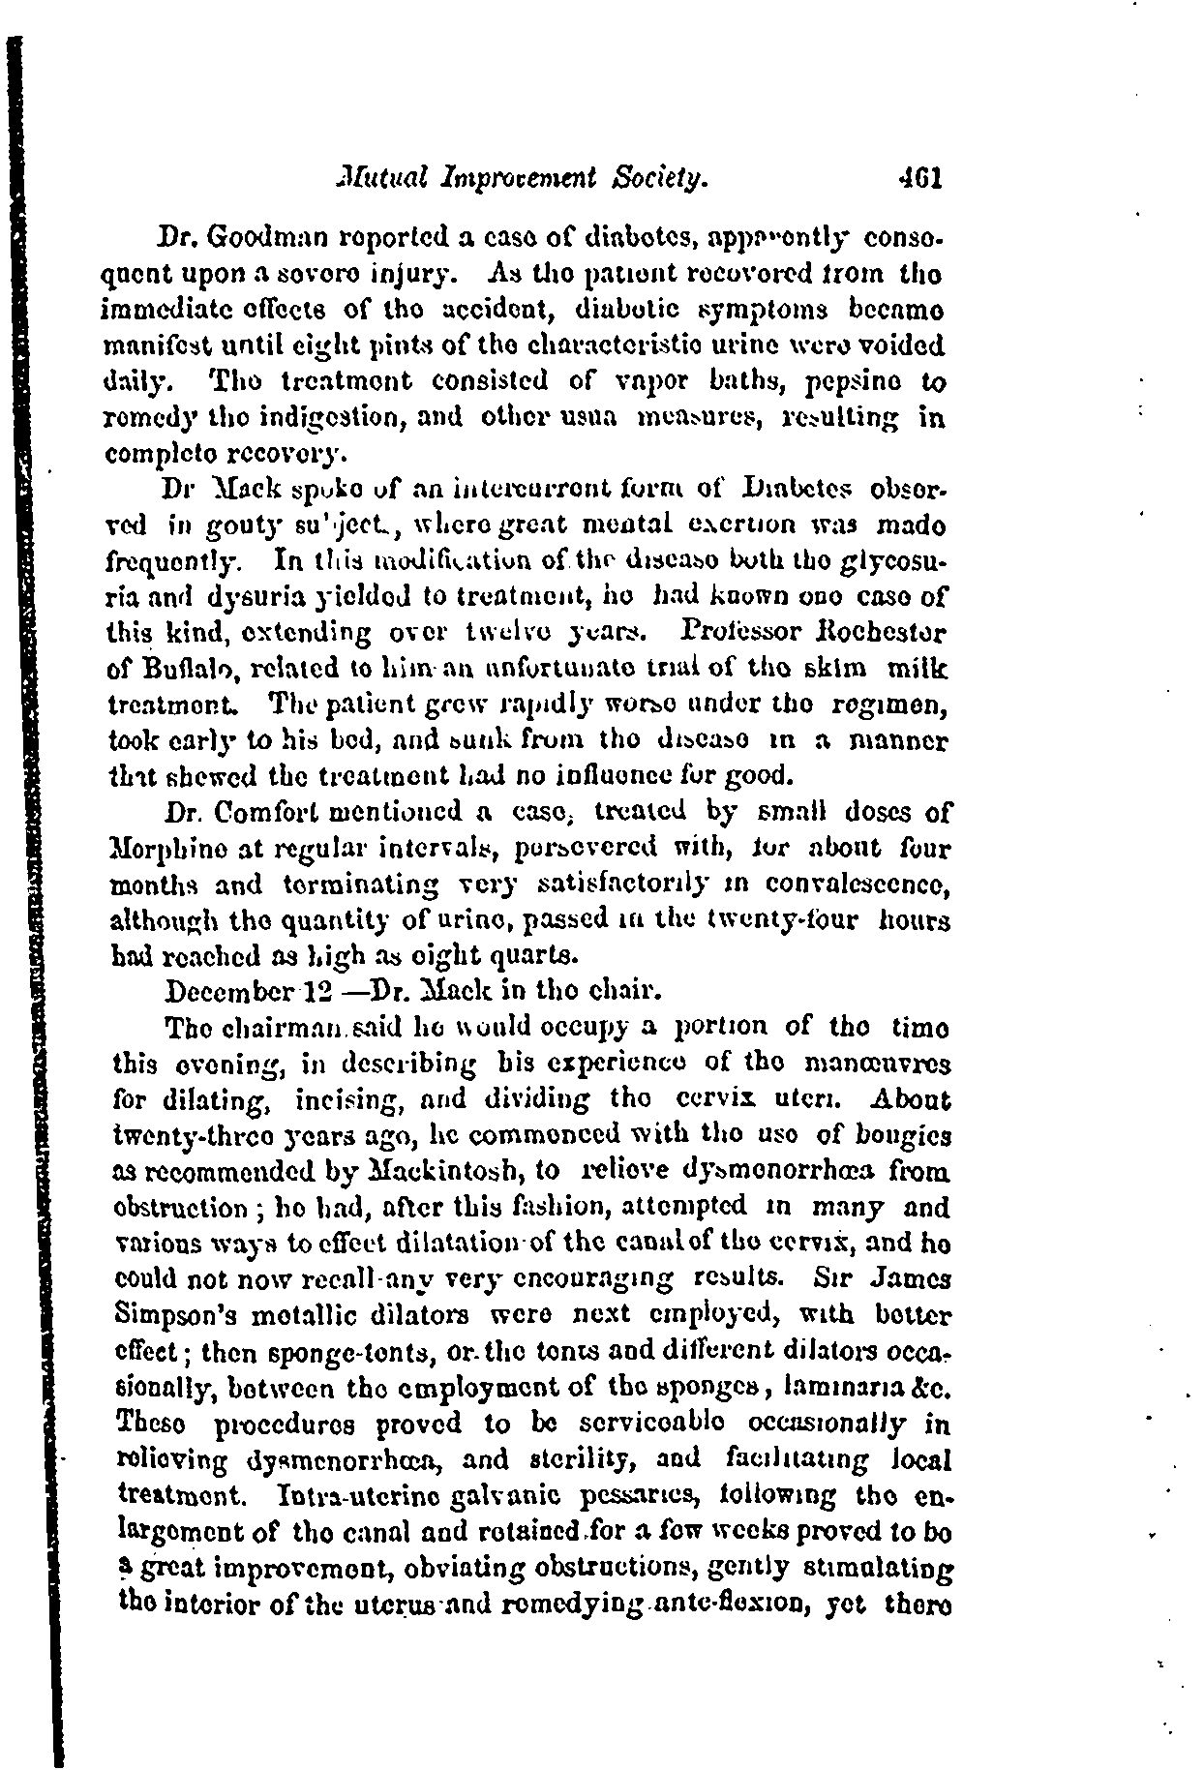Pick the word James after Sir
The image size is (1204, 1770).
click(910, 1278)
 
